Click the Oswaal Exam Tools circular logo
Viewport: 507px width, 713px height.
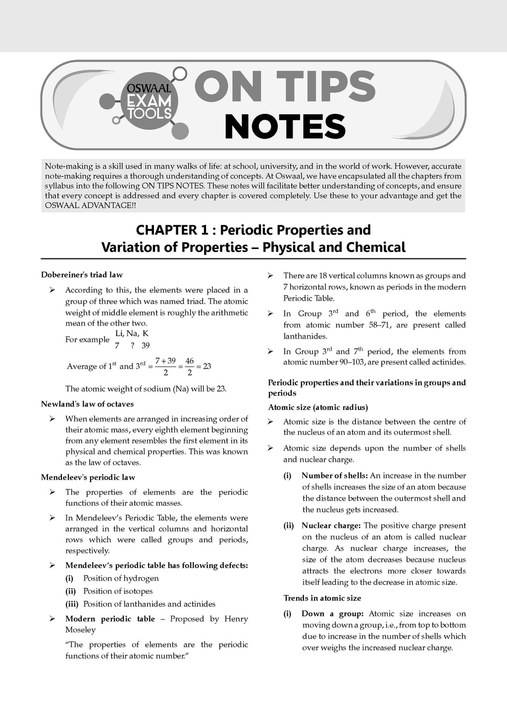[149, 104]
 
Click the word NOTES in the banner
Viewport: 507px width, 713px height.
[285, 127]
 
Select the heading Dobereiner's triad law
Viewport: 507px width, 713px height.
[82, 275]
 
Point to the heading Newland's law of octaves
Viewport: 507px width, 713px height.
[87, 404]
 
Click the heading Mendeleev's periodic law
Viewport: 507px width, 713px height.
[88, 477]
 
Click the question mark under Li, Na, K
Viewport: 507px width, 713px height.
[133, 346]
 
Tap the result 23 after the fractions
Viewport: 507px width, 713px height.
[207, 366]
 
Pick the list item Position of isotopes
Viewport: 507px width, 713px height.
[118, 591]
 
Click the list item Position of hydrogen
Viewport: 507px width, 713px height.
[121, 578]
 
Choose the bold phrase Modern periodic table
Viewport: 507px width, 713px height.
[110, 619]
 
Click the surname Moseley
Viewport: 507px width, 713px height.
[80, 630]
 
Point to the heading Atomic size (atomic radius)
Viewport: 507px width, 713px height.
[318, 407]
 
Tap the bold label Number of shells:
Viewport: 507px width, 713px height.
[335, 476]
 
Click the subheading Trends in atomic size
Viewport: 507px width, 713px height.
[322, 598]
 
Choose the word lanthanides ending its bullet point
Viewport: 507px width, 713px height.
[305, 336]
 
